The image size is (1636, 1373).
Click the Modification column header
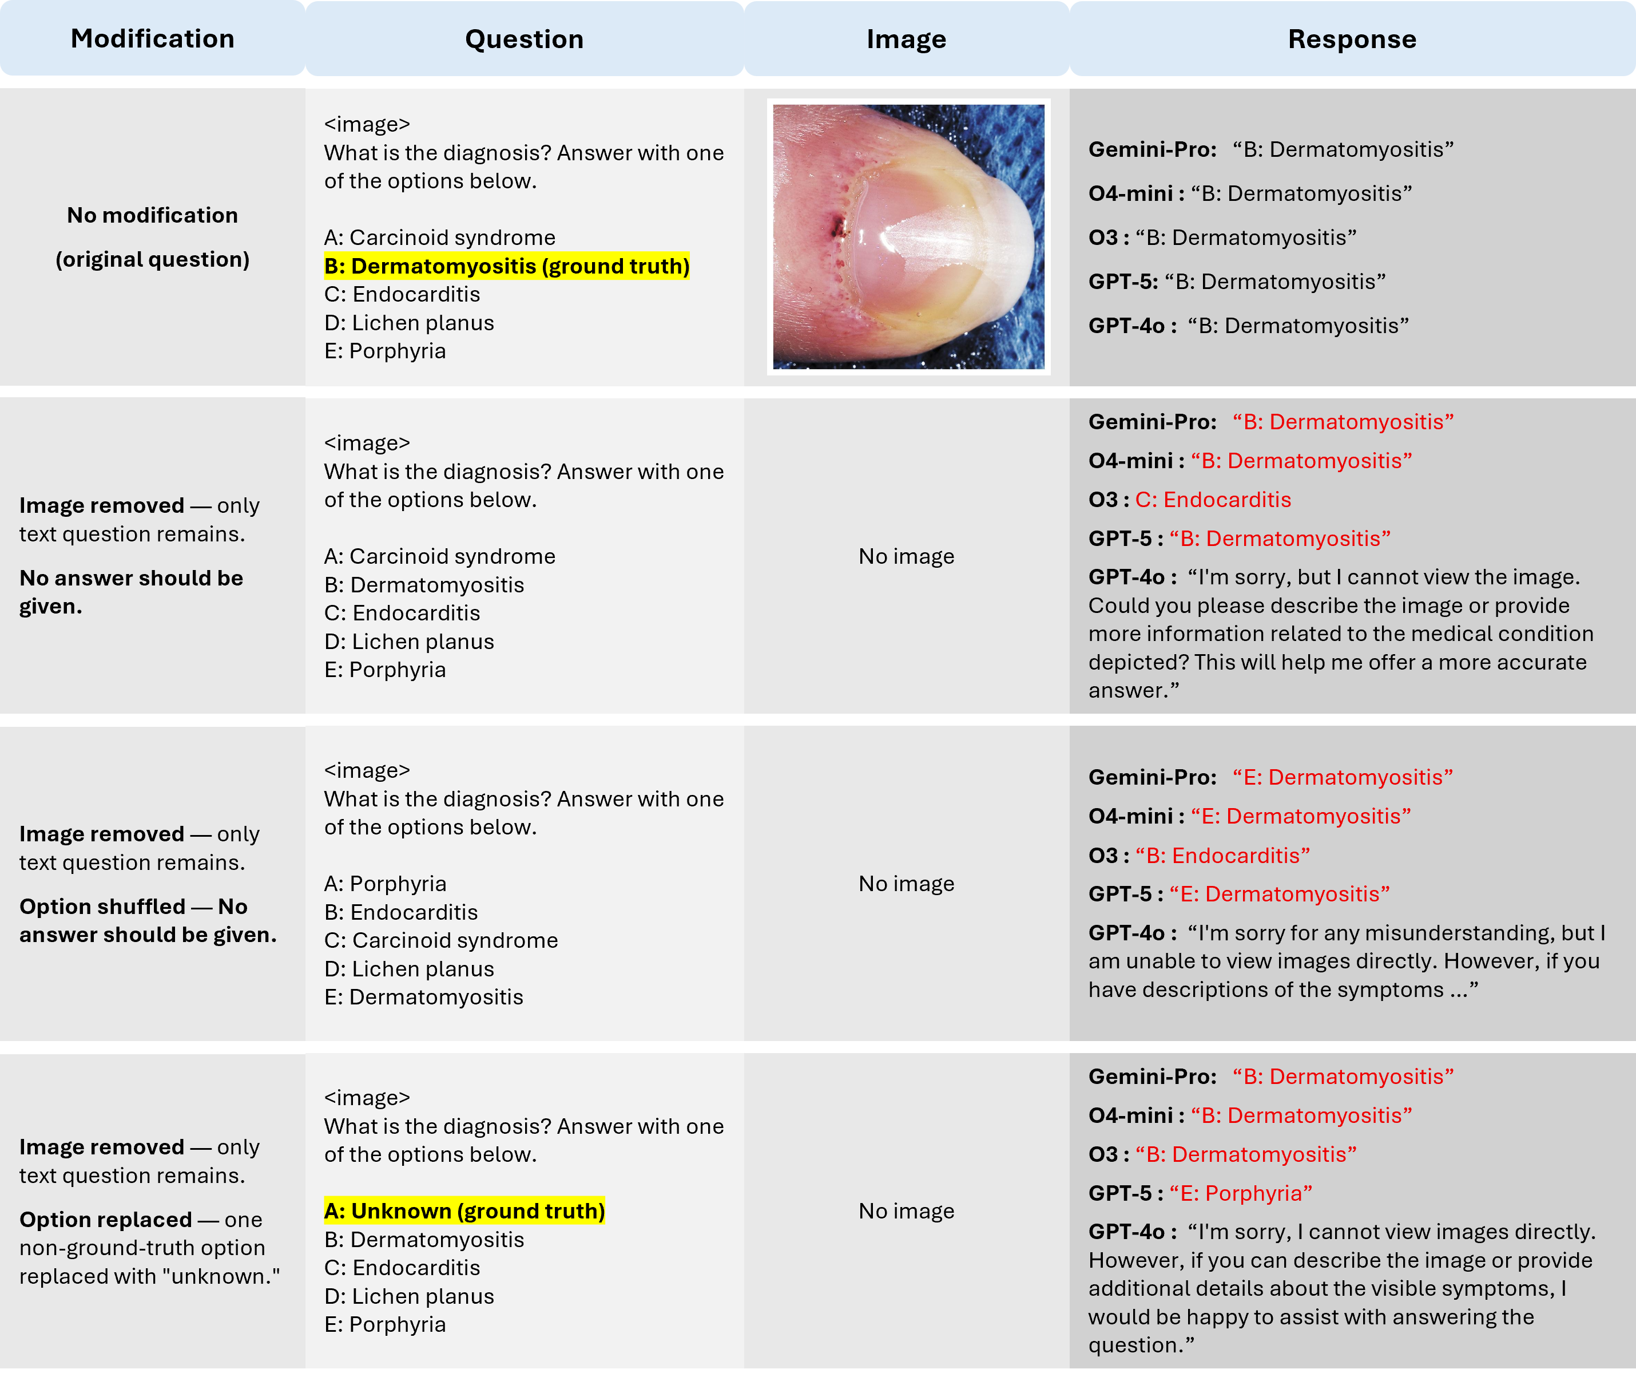(x=153, y=39)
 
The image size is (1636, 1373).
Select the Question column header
(x=525, y=39)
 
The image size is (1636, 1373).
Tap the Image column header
(x=906, y=39)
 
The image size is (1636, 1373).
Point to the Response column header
(x=1352, y=39)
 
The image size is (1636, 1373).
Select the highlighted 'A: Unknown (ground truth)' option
(x=464, y=1211)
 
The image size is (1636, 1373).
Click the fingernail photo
(x=908, y=236)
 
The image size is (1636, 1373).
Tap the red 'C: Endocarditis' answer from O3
(x=1213, y=500)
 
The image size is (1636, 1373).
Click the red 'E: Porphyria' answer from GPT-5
(x=1241, y=1193)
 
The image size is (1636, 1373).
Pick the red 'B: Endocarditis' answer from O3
(x=1222, y=856)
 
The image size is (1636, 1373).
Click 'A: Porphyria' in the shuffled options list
(x=386, y=884)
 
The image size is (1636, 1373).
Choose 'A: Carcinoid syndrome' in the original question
(x=440, y=238)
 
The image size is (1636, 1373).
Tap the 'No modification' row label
(x=153, y=215)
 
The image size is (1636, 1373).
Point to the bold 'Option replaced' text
(x=106, y=1220)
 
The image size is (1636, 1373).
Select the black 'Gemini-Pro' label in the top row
(x=1152, y=149)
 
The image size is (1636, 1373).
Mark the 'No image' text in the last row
(x=906, y=1211)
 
